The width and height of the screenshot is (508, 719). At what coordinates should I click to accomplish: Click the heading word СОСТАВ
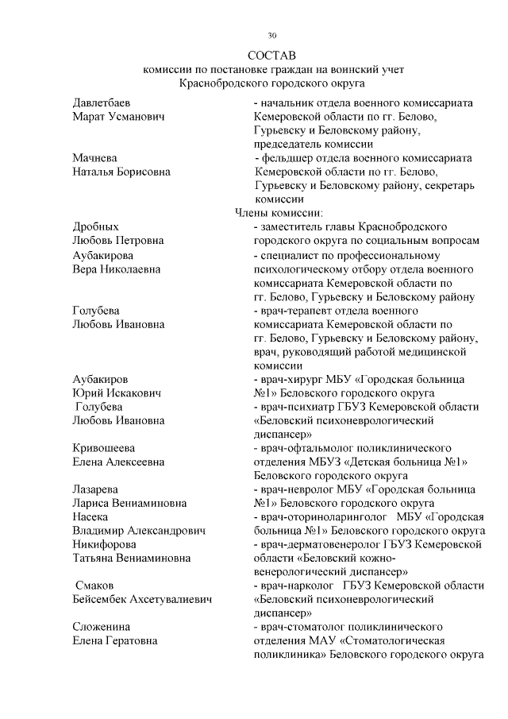point(271,56)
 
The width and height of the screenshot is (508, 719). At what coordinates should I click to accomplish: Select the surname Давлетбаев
point(102,103)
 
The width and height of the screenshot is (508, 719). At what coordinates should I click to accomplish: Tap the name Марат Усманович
point(118,117)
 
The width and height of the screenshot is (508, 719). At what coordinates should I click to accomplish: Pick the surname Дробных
point(95,226)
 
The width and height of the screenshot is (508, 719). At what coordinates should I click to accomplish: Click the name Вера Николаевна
point(116,269)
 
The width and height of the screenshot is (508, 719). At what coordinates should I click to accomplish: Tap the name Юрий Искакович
point(117,392)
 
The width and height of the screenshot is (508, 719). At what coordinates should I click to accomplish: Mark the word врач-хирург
point(290,379)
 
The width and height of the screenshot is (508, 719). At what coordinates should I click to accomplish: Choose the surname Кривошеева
point(103,447)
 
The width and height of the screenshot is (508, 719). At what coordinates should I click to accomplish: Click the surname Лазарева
point(96,489)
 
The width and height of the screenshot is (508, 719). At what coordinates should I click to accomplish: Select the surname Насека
point(91,516)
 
